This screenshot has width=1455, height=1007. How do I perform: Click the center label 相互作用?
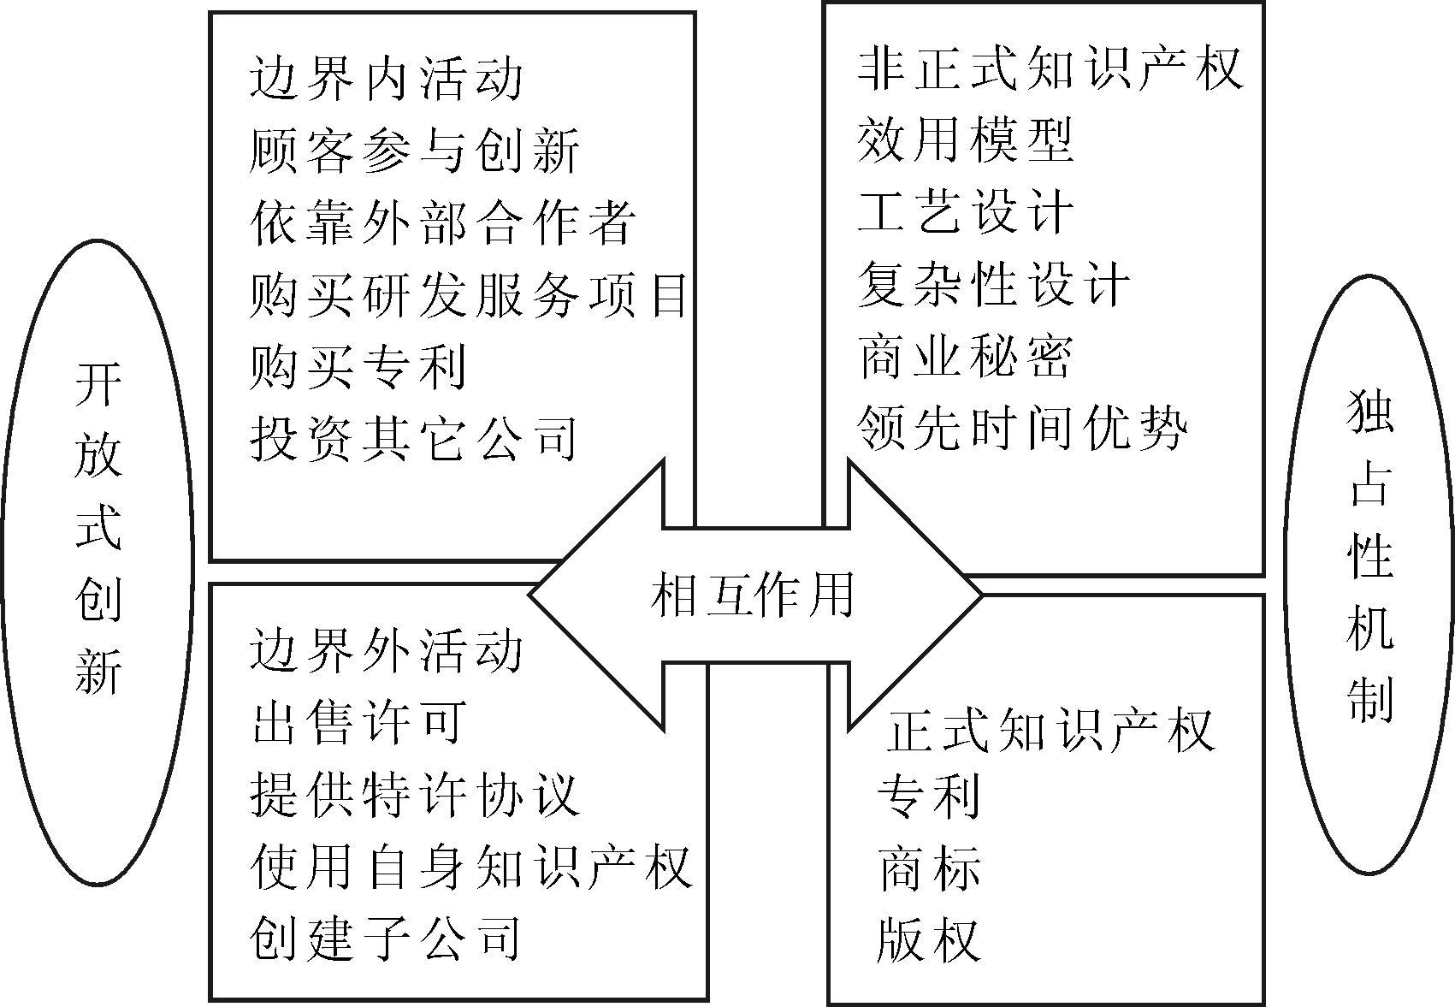(x=752, y=595)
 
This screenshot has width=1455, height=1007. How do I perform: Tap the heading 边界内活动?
(x=387, y=79)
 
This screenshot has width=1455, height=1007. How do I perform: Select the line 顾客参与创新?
(x=414, y=151)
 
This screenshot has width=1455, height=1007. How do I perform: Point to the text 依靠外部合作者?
(x=443, y=222)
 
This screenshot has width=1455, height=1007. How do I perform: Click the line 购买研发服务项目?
(x=468, y=295)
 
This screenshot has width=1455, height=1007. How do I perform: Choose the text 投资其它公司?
(x=414, y=439)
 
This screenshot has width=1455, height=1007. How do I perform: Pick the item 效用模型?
(x=965, y=139)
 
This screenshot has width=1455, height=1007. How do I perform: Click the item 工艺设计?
(x=965, y=212)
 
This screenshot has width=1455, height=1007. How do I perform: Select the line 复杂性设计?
(x=994, y=284)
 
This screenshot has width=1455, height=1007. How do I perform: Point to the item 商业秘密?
(x=965, y=356)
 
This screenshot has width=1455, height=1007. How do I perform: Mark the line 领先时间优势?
(x=1022, y=428)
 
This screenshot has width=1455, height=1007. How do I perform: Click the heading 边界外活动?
(x=387, y=650)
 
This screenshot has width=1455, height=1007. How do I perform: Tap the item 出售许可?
(x=358, y=722)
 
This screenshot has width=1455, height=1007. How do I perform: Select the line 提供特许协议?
(x=414, y=795)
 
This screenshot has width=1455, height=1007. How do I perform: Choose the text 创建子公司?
(x=386, y=939)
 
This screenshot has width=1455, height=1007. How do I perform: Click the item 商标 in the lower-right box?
(x=929, y=868)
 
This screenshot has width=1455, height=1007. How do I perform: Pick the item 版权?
(x=929, y=940)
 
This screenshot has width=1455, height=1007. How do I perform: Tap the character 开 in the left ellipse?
(x=98, y=384)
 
